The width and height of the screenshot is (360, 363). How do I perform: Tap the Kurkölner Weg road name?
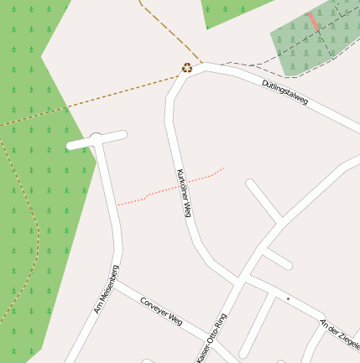click(185, 193)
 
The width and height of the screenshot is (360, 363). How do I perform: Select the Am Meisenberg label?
click(105, 290)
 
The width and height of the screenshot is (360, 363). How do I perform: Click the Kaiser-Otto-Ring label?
click(212, 338)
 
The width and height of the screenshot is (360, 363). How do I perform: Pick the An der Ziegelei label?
click(340, 334)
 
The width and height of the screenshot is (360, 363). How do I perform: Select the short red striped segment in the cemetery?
click(314, 22)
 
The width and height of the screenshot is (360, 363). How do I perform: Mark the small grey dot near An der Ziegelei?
click(288, 298)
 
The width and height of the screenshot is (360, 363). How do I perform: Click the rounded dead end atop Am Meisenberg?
click(97, 140)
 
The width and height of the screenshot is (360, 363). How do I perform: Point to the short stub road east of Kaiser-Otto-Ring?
click(277, 259)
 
